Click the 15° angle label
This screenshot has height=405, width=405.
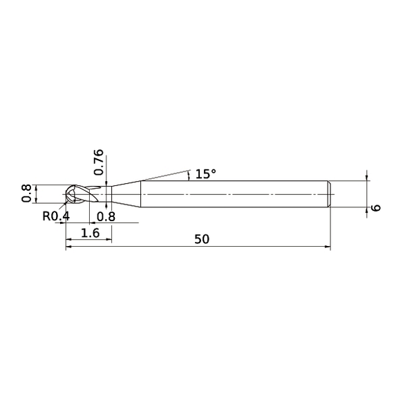[x=206, y=174]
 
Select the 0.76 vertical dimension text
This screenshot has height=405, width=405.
[x=98, y=162]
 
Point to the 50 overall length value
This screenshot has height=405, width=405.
[x=201, y=239]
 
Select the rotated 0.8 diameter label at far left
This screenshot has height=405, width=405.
[x=26, y=194]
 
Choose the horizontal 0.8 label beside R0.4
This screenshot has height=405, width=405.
[x=106, y=216]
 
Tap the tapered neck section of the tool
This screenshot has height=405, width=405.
[x=126, y=194]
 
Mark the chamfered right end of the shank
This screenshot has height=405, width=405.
[x=329, y=194]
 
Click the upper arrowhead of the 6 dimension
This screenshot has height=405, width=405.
[x=367, y=178]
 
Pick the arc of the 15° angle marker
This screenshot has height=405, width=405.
[x=189, y=175]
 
